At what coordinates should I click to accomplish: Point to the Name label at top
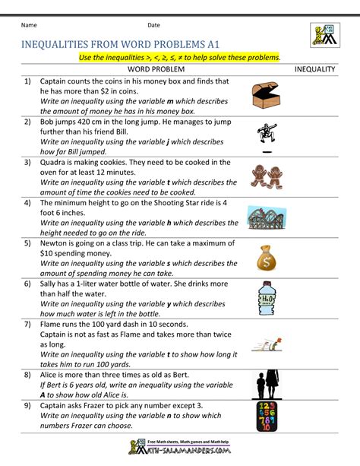pyautogui.click(x=30, y=26)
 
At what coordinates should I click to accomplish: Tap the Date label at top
pyautogui.click(x=153, y=26)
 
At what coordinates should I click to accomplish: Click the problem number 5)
pyautogui.click(x=27, y=243)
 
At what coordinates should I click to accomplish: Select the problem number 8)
pyautogui.click(x=27, y=375)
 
